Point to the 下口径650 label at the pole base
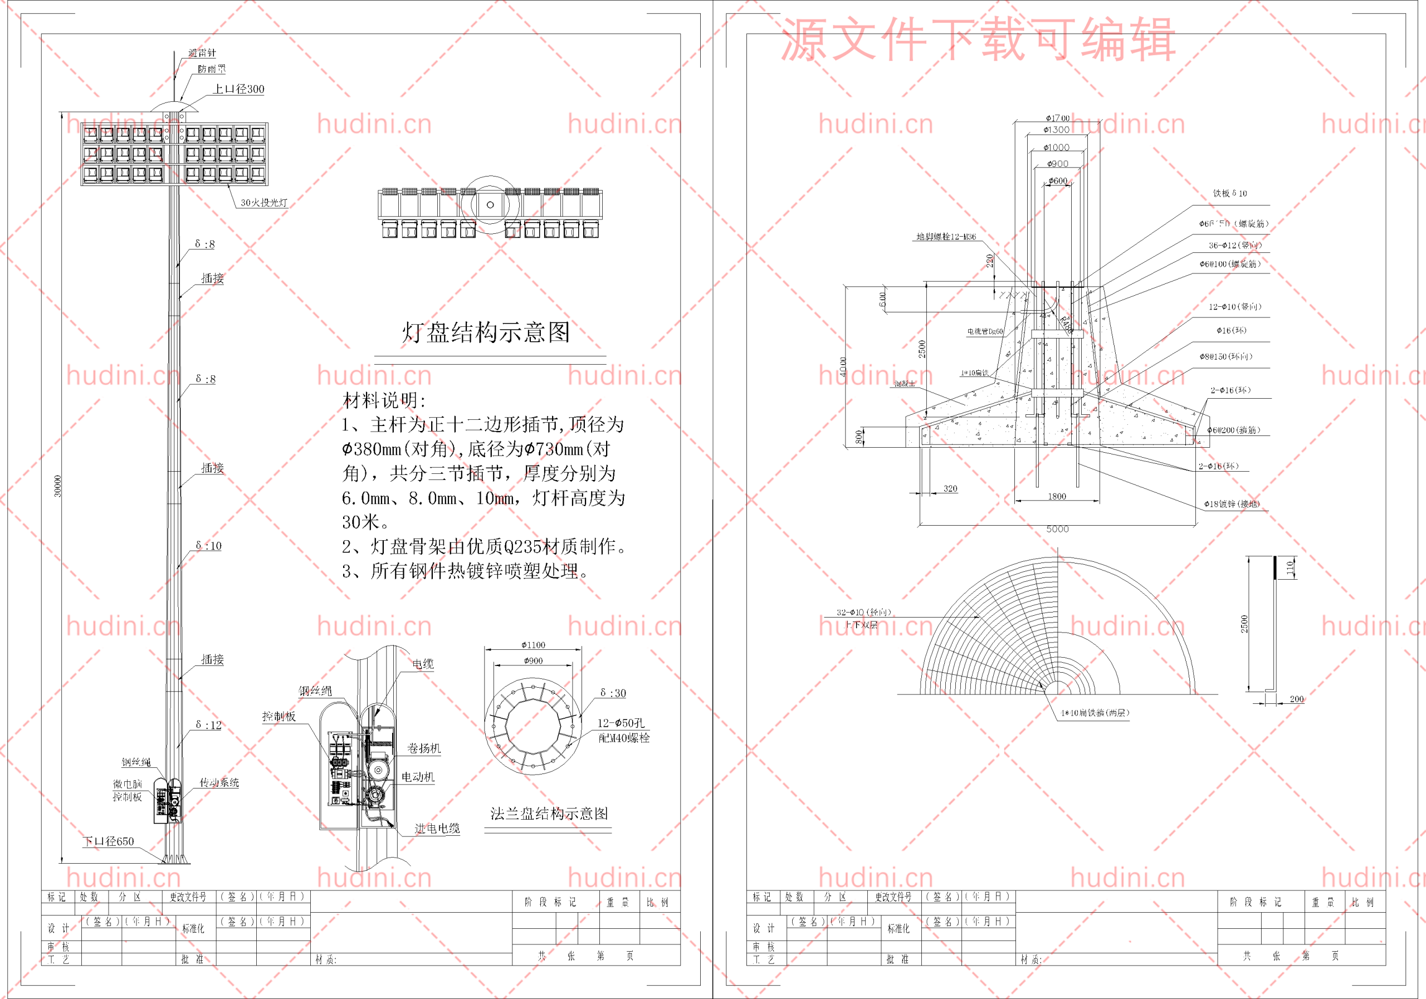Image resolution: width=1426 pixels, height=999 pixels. [x=109, y=841]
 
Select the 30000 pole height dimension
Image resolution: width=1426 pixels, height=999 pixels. [x=58, y=486]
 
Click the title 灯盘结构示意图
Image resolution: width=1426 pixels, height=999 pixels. [x=486, y=333]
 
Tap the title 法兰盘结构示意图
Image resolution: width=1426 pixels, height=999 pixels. [x=549, y=814]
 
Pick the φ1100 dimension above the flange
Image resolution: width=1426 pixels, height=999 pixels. [x=533, y=645]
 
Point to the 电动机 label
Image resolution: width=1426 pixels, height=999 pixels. [x=417, y=777]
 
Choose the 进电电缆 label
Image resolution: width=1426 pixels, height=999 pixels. [x=437, y=828]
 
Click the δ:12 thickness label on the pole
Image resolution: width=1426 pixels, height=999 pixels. [x=209, y=724]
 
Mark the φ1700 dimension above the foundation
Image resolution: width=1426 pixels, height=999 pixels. [x=1057, y=118]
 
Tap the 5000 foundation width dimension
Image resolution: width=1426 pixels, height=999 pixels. [x=1057, y=529]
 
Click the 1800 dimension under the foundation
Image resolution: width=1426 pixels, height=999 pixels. [x=1057, y=496]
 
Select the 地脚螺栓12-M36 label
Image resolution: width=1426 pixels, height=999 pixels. [x=946, y=237]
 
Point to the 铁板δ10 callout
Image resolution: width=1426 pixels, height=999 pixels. [x=1230, y=193]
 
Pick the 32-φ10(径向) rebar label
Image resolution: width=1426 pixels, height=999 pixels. [x=863, y=612]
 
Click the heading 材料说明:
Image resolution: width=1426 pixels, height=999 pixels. [x=384, y=400]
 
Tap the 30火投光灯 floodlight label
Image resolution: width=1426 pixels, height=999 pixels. [x=264, y=202]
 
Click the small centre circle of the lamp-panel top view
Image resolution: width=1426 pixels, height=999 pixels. [x=490, y=205]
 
